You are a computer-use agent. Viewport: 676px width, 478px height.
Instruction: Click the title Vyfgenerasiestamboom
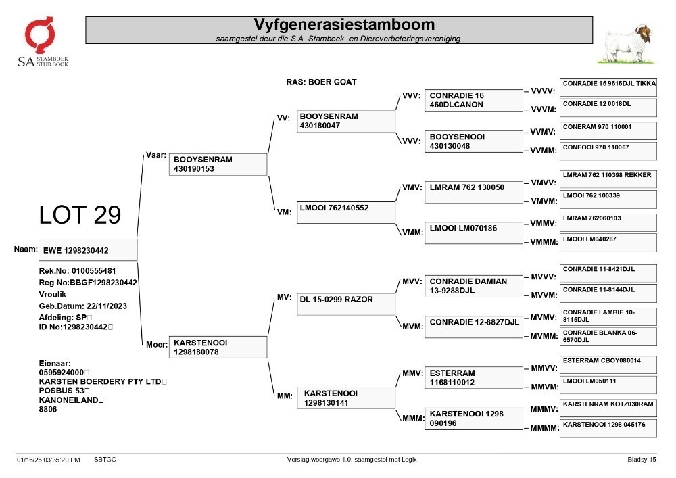(344, 24)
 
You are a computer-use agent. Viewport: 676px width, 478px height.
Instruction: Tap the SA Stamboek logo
(43, 42)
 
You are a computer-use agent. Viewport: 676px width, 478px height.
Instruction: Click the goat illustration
(627, 44)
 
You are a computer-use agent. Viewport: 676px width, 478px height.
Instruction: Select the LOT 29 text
(80, 214)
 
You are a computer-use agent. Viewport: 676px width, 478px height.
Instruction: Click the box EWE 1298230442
(88, 250)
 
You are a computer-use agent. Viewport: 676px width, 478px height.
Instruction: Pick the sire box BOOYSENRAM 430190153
(218, 164)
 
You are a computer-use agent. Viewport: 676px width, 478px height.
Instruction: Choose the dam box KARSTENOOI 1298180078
(218, 347)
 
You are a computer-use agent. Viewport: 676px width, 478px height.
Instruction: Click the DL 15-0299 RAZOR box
(345, 304)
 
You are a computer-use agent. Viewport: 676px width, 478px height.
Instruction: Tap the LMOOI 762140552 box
(345, 212)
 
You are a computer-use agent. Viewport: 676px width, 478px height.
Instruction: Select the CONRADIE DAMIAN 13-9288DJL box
(474, 286)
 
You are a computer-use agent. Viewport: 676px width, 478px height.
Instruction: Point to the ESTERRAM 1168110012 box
(474, 377)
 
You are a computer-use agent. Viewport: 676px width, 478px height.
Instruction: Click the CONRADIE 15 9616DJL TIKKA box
(608, 87)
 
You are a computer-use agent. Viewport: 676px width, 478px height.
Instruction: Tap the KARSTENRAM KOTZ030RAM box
(608, 408)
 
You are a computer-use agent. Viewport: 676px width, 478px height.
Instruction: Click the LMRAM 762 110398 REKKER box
(608, 179)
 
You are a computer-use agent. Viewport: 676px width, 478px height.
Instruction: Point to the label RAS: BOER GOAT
(321, 82)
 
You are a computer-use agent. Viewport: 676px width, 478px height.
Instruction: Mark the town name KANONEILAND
(68, 400)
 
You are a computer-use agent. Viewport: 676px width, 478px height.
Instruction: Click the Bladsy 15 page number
(642, 460)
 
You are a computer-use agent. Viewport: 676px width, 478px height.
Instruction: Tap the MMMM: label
(544, 428)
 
